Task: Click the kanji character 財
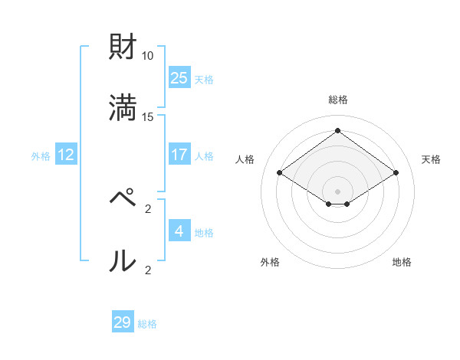tap(123, 47)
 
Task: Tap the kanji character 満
tap(123, 107)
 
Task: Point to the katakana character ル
tap(123, 260)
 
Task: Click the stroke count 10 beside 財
tap(148, 56)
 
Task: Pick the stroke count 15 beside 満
tap(148, 116)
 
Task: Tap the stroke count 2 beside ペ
tap(148, 208)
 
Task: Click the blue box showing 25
tap(179, 78)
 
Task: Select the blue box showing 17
tap(179, 155)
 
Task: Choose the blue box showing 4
tap(179, 231)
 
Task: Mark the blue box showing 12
tap(66, 155)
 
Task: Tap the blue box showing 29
tap(123, 322)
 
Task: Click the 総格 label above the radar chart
tap(338, 100)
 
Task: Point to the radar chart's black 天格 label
tap(431, 159)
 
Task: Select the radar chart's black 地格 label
tap(402, 262)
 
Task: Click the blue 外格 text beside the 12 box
tap(41, 156)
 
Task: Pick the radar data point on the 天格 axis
tap(396, 173)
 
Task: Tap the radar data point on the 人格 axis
tap(280, 173)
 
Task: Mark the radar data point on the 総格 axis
tap(338, 130)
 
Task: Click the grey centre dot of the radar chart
tap(338, 191)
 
